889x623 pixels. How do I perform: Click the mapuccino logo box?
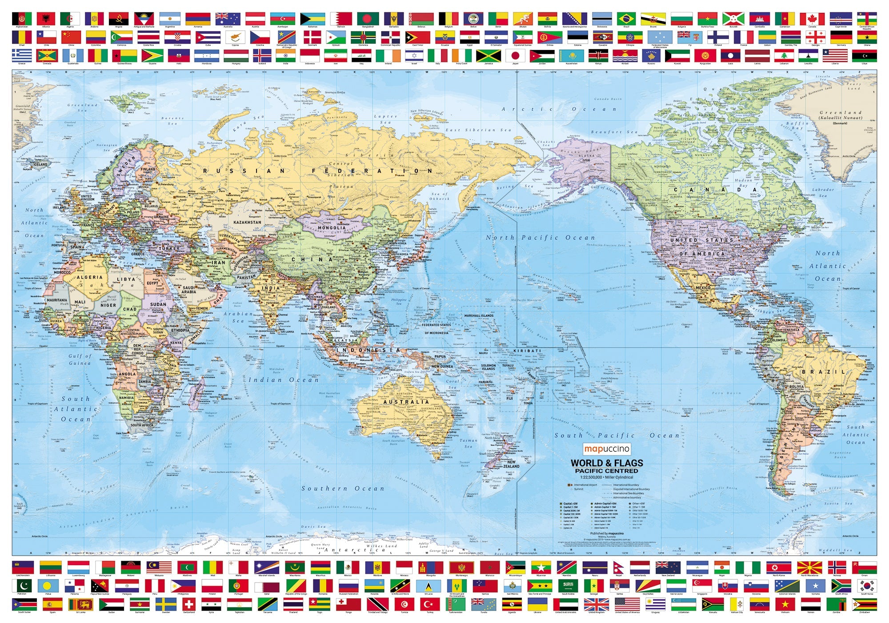pyautogui.click(x=606, y=449)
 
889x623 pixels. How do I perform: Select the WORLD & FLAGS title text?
pyautogui.click(x=606, y=463)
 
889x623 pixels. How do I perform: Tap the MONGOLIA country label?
pyautogui.click(x=332, y=228)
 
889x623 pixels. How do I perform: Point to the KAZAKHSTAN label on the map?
pyautogui.click(x=248, y=222)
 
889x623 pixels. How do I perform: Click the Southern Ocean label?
pyautogui.click(x=343, y=489)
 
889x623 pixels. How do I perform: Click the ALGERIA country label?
pyautogui.click(x=90, y=277)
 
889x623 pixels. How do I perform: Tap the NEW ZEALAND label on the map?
pyautogui.click(x=511, y=464)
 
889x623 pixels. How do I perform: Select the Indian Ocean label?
pyautogui.click(x=283, y=380)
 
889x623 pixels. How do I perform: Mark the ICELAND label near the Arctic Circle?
pyautogui.click(x=40, y=164)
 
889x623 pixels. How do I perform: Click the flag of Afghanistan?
pyautogui.click(x=22, y=19)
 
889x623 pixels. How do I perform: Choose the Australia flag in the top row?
pyautogui.click(x=228, y=19)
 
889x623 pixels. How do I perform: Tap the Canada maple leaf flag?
pyautogui.click(x=812, y=19)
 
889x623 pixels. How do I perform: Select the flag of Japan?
pyautogui.click(x=515, y=56)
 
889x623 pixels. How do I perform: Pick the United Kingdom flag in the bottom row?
pyautogui.click(x=597, y=604)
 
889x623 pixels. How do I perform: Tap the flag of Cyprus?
pyautogui.click(x=235, y=37)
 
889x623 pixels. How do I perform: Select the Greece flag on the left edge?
pyautogui.click(x=22, y=56)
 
